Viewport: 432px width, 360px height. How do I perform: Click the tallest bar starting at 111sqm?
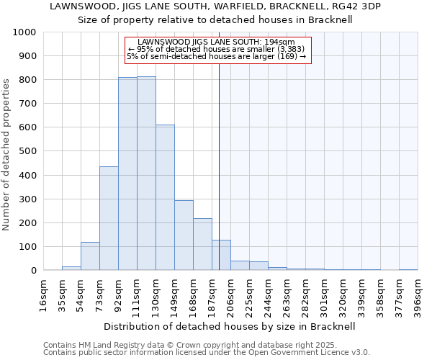tap(146, 173)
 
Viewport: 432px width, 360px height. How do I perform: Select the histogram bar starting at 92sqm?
tap(127, 174)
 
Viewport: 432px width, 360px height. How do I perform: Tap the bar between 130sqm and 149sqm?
tap(165, 197)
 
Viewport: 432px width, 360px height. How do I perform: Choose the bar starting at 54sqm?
tap(90, 256)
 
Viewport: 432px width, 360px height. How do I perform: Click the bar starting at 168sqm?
tap(202, 244)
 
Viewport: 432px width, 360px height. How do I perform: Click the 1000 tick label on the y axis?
tap(24, 32)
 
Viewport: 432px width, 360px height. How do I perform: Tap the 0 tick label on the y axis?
tap(34, 271)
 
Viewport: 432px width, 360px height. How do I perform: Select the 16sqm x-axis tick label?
tap(44, 295)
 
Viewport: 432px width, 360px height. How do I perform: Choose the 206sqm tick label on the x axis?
tap(231, 295)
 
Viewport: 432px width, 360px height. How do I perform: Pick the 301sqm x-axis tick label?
tap(325, 295)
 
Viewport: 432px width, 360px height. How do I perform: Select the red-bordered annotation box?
tap(217, 49)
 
